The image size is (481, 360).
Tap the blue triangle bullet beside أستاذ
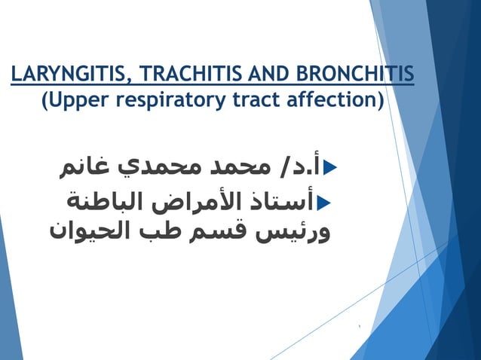(325, 202)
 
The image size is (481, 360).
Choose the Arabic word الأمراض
(196, 202)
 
